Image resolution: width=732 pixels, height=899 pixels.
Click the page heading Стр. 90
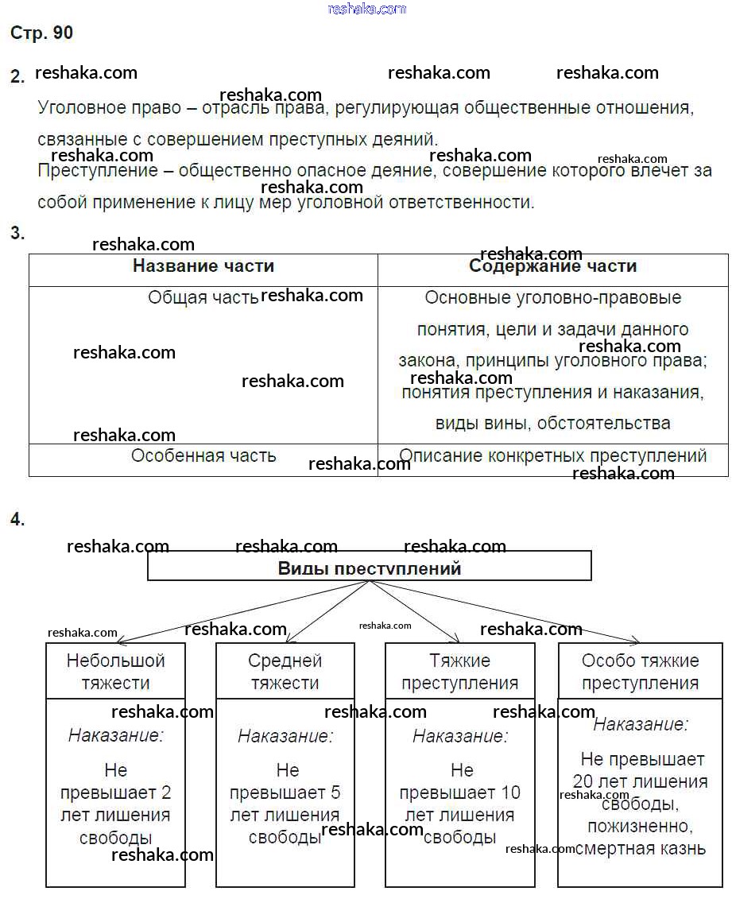pos(41,33)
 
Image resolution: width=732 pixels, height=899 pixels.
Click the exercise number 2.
pos(17,76)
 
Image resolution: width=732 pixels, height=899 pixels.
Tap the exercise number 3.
pos(17,233)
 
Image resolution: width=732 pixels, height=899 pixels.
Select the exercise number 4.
pos(17,520)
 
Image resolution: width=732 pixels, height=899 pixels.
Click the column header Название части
pos(203,266)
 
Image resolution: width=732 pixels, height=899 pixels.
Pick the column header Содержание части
pos(553,267)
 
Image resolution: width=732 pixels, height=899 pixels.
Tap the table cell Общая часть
pos(203,297)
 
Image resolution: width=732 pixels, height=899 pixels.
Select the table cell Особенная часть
pos(203,455)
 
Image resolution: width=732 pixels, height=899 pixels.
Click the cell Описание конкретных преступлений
pos(553,455)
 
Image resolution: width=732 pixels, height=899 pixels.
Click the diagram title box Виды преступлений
pos(370,568)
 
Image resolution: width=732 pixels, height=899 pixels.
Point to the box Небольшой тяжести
pos(116,671)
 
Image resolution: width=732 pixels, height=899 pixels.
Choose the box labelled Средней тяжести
pos(285,671)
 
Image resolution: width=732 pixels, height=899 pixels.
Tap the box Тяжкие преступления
pos(459,671)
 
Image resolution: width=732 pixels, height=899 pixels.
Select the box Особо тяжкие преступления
pos(641,671)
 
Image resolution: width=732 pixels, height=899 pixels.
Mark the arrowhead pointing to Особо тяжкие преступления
pos(635,640)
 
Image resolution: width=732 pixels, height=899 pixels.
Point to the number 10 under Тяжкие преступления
pos(510,792)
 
